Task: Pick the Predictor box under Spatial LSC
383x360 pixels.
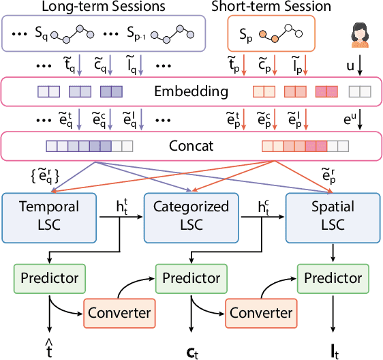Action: click(331, 277)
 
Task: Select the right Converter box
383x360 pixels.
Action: click(262, 312)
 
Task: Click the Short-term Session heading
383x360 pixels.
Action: click(271, 7)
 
